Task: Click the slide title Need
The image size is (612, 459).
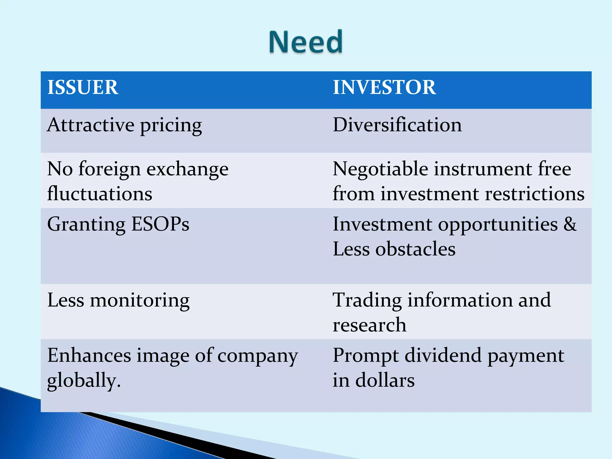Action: click(306, 42)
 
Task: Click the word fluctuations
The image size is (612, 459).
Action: click(100, 194)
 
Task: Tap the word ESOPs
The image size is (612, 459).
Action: click(160, 224)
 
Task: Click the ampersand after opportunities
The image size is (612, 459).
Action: click(570, 224)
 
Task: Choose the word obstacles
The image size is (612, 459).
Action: click(415, 249)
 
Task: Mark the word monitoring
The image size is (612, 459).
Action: click(140, 300)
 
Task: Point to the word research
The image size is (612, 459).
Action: click(369, 325)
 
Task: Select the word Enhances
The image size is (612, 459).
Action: click(89, 356)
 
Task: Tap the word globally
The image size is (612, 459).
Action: click(84, 380)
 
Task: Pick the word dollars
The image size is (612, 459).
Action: click(385, 380)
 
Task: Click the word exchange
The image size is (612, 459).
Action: click(187, 169)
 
